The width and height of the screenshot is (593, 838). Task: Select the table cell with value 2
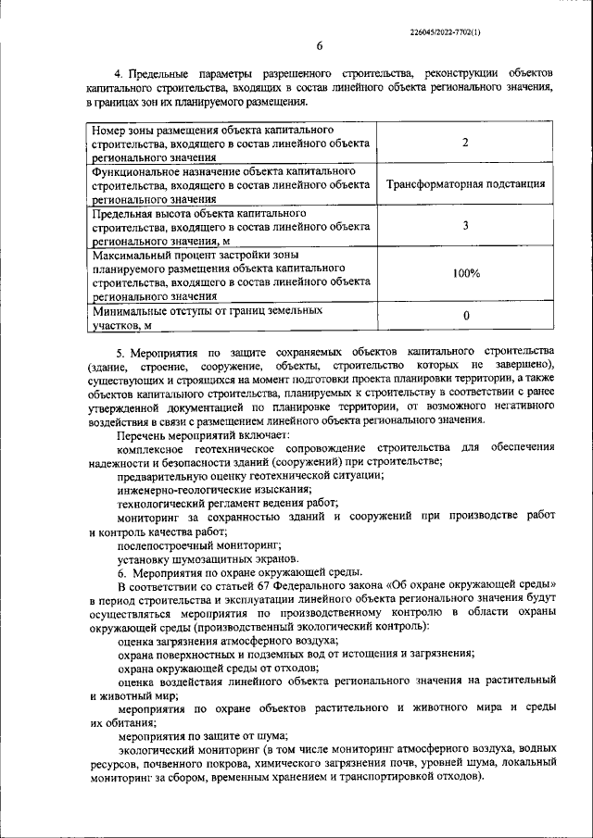click(465, 143)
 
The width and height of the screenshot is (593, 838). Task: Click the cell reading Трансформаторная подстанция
click(465, 184)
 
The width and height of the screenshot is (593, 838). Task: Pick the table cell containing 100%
click(465, 273)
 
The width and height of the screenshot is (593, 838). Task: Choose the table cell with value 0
click(465, 317)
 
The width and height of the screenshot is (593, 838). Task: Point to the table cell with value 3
click(465, 226)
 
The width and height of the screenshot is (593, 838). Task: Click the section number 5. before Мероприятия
click(121, 352)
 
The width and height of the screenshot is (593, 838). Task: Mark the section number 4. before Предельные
click(119, 73)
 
